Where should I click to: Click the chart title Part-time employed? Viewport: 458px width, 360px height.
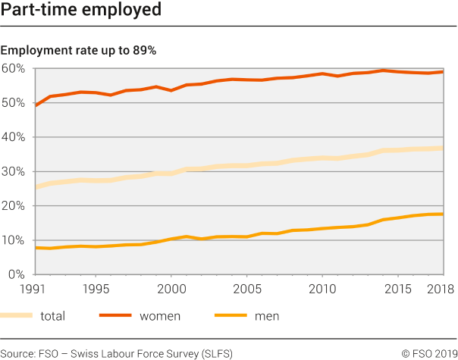pos(81,11)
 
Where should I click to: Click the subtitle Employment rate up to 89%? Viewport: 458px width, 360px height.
pos(78,51)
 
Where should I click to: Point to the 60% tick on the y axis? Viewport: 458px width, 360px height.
pos(14,69)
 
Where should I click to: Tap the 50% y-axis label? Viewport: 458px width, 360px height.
pos(14,103)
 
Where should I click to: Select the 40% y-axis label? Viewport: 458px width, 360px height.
pos(14,137)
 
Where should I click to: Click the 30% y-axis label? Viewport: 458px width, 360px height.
pos(14,171)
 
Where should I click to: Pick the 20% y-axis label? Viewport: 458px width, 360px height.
pos(14,206)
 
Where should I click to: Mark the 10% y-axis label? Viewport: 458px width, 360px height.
pos(14,240)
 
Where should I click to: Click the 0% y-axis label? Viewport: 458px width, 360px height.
pos(17,274)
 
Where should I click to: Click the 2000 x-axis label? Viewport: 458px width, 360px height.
pos(171,290)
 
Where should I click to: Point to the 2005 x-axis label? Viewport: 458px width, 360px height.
pos(246,290)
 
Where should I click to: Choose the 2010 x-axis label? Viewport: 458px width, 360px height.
pos(323,290)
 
